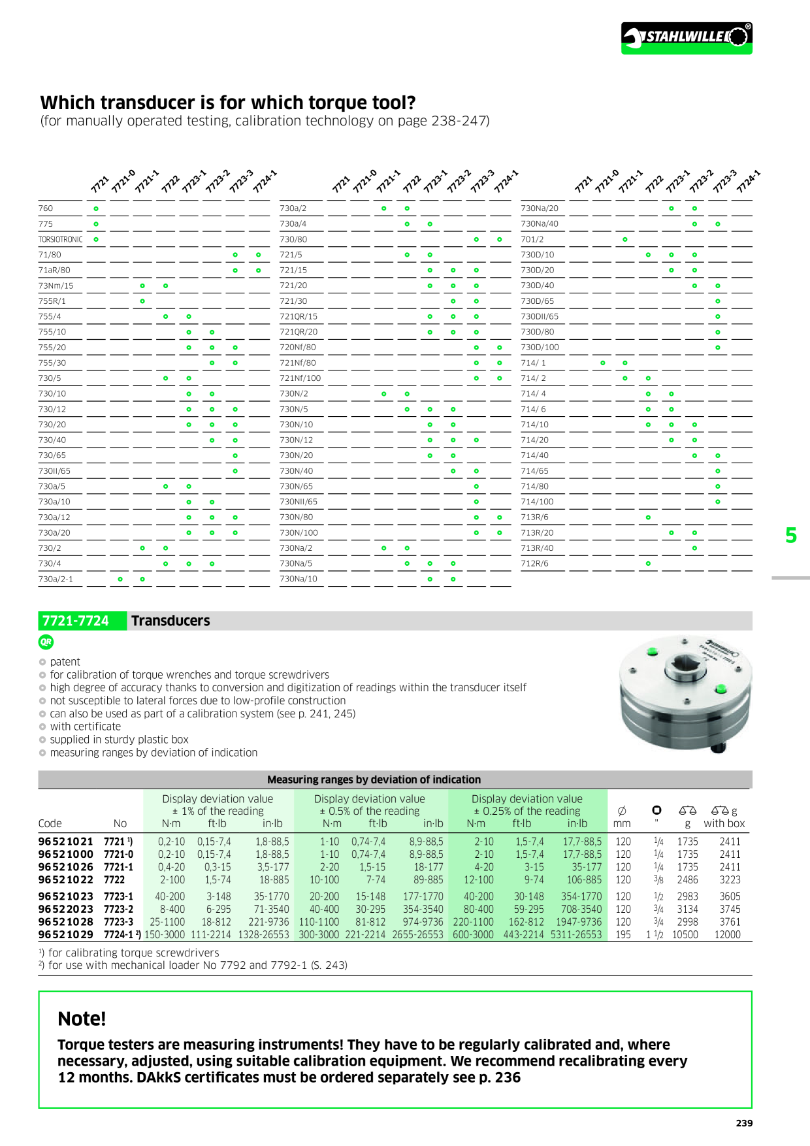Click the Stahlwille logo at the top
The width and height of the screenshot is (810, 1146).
(686, 37)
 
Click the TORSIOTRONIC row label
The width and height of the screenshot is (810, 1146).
(60, 240)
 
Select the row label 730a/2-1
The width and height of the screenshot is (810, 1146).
(56, 579)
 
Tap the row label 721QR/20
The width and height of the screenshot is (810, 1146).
(299, 332)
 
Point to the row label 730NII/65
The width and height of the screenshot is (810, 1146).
(299, 502)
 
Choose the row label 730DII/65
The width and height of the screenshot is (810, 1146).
(540, 317)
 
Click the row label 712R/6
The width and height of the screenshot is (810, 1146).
(534, 564)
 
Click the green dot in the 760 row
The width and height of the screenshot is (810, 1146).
(96, 209)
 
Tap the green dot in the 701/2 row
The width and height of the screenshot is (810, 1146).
(625, 240)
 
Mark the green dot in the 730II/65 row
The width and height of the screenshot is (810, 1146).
(235, 471)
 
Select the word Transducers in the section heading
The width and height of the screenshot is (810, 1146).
(170, 621)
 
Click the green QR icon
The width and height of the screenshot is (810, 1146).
(46, 642)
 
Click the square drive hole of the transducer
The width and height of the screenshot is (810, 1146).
(684, 667)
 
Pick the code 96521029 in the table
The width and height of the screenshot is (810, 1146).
(65, 935)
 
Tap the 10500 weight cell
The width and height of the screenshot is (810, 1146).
(685, 935)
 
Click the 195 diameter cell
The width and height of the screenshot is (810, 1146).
(623, 935)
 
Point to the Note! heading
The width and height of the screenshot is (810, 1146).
(82, 1019)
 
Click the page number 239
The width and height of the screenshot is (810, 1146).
(744, 1123)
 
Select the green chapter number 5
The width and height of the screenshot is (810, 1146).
(791, 536)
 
